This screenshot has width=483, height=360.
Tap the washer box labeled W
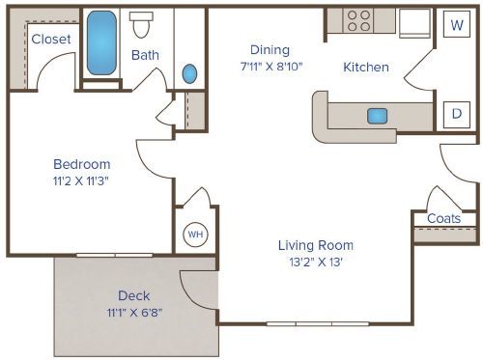[454, 25]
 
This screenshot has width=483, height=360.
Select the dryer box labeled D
[454, 114]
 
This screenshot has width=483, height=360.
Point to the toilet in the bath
[143, 23]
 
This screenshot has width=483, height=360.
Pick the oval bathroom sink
[189, 73]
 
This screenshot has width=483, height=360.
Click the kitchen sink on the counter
[377, 116]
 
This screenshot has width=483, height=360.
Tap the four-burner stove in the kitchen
[359, 21]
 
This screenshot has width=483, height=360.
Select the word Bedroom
[81, 164]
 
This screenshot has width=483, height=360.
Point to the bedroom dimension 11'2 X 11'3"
[81, 180]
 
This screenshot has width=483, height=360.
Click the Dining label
[270, 50]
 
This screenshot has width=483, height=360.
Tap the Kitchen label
[366, 68]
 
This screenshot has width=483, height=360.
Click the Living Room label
[316, 244]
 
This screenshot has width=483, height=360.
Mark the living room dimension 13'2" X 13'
[316, 261]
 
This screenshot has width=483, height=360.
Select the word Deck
[133, 295]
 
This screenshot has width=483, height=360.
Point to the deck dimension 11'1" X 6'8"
[133, 312]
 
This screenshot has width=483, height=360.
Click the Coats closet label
[443, 218]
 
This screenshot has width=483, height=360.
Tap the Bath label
[145, 55]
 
